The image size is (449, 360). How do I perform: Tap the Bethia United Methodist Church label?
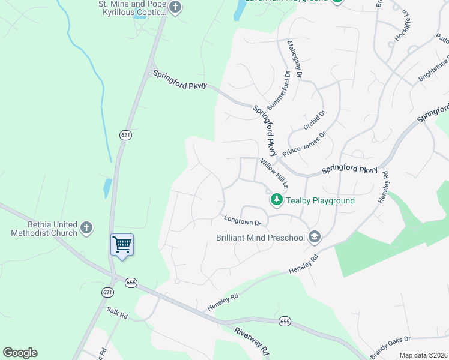click(x=44, y=228)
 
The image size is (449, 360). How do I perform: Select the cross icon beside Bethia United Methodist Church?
click(x=86, y=228)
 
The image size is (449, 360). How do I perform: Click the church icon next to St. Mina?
click(x=175, y=8)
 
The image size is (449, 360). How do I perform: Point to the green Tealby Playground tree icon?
click(x=276, y=199)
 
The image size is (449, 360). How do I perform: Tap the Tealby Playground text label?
click(x=320, y=200)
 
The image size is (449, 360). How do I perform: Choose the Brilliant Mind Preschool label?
click(x=261, y=238)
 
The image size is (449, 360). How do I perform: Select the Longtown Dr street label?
click(x=243, y=220)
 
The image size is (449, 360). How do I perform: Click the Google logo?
click(x=20, y=353)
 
